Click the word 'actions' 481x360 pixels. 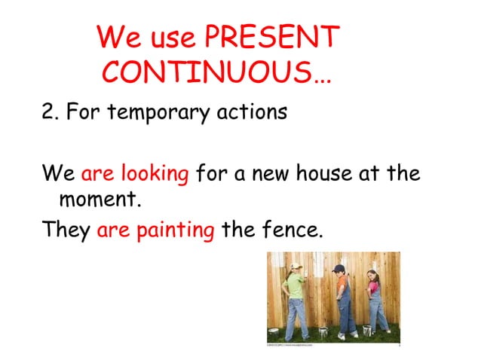pos(254,112)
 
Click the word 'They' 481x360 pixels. pos(66,230)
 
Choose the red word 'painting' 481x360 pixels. pos(176,230)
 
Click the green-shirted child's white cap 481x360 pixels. pos(296,267)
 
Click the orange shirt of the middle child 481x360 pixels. pos(344,286)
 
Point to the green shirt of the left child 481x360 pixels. pos(293,287)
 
